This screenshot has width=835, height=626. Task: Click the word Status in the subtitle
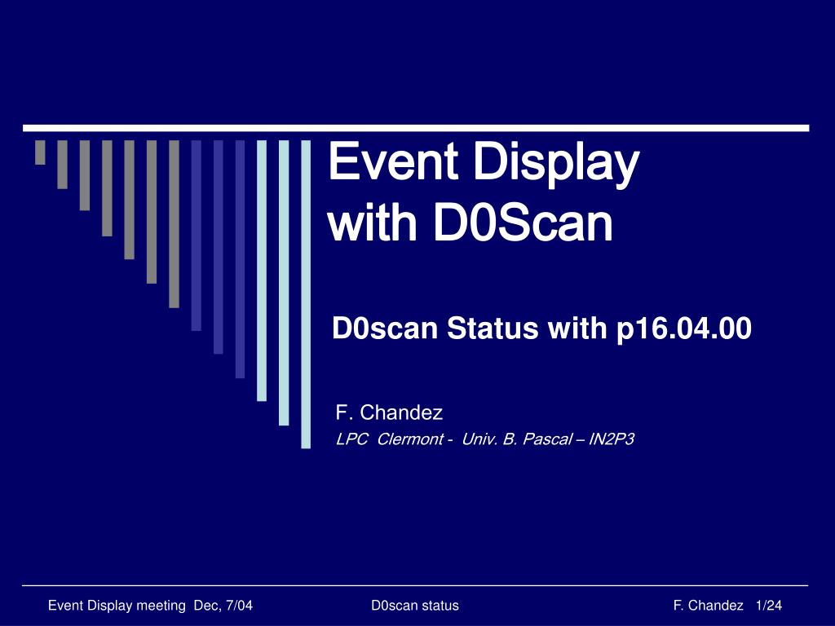tap(493, 328)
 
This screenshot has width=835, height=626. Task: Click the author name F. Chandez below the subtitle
tap(389, 412)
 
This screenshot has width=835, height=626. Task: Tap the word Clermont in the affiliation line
tap(410, 439)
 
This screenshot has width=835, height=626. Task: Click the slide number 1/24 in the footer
tap(768, 606)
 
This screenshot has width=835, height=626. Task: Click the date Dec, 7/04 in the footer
tap(223, 606)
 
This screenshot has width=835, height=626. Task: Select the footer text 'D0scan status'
tap(415, 606)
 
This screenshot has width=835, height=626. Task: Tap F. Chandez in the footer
tap(709, 606)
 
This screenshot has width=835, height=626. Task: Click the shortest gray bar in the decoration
tap(40, 152)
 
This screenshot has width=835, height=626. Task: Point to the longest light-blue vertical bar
tap(306, 294)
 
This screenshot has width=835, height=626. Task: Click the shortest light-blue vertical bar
tap(262, 271)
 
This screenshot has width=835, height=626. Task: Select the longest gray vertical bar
tap(174, 224)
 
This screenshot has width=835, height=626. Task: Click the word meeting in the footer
tap(161, 606)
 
